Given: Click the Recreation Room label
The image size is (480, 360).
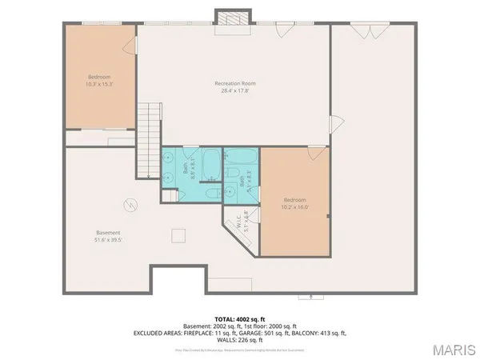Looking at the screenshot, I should point(234,83).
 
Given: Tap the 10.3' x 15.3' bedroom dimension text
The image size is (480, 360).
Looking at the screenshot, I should point(99,83).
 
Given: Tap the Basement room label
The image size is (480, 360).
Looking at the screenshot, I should point(108,233).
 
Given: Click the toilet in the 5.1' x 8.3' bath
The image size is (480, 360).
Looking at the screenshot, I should point(230,190).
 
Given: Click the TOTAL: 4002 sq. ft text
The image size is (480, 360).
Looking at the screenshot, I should point(239,318).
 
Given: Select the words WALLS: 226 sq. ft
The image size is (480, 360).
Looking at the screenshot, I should point(239,339).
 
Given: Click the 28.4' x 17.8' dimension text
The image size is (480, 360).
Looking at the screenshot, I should point(234,90).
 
